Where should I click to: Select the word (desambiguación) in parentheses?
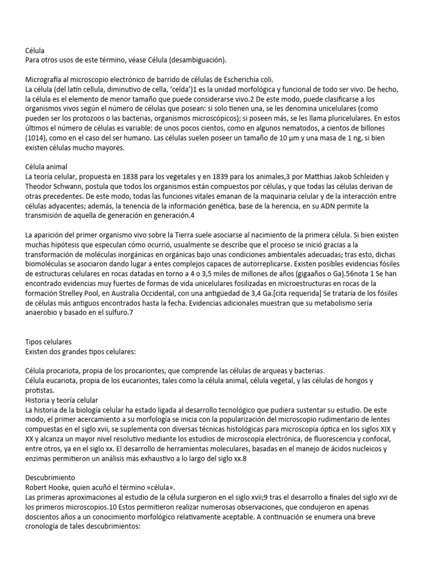click(192, 60)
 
